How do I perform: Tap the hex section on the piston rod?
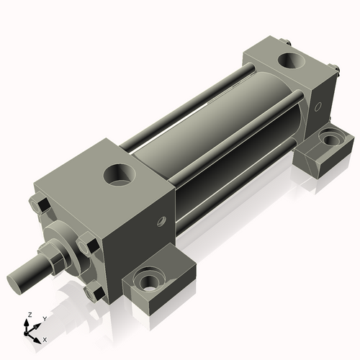tap(55, 256)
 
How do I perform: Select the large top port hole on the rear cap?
tap(294, 60)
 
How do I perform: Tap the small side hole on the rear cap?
tap(318, 106)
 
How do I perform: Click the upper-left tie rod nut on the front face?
tap(42, 207)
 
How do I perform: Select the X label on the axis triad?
tap(45, 338)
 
